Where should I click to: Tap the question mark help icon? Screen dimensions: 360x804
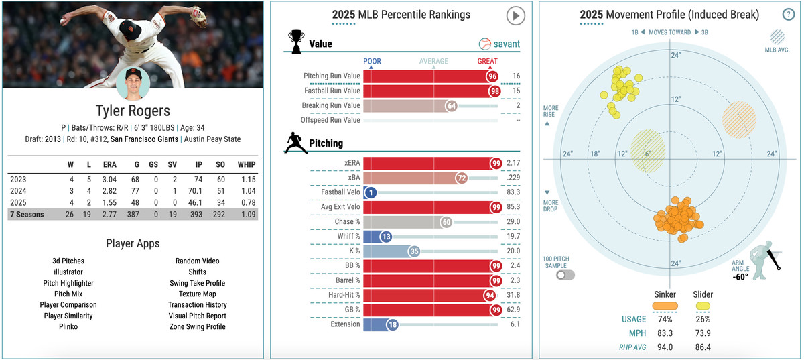[788, 15]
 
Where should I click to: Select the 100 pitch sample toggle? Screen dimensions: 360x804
[556, 275]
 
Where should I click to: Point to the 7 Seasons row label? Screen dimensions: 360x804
[27, 213]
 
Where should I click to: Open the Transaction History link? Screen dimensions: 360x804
[197, 305]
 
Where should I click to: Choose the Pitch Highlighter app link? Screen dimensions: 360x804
[68, 283]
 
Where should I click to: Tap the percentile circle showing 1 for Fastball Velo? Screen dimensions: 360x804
[370, 192]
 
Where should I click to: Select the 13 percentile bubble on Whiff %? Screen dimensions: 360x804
[385, 237]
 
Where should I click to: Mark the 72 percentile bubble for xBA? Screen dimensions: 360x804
[460, 178]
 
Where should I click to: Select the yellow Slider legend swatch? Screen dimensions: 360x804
[703, 306]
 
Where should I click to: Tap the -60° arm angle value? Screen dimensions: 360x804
[740, 276]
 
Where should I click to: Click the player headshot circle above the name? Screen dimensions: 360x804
[133, 84]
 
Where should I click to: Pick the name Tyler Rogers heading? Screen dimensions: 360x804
[133, 111]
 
